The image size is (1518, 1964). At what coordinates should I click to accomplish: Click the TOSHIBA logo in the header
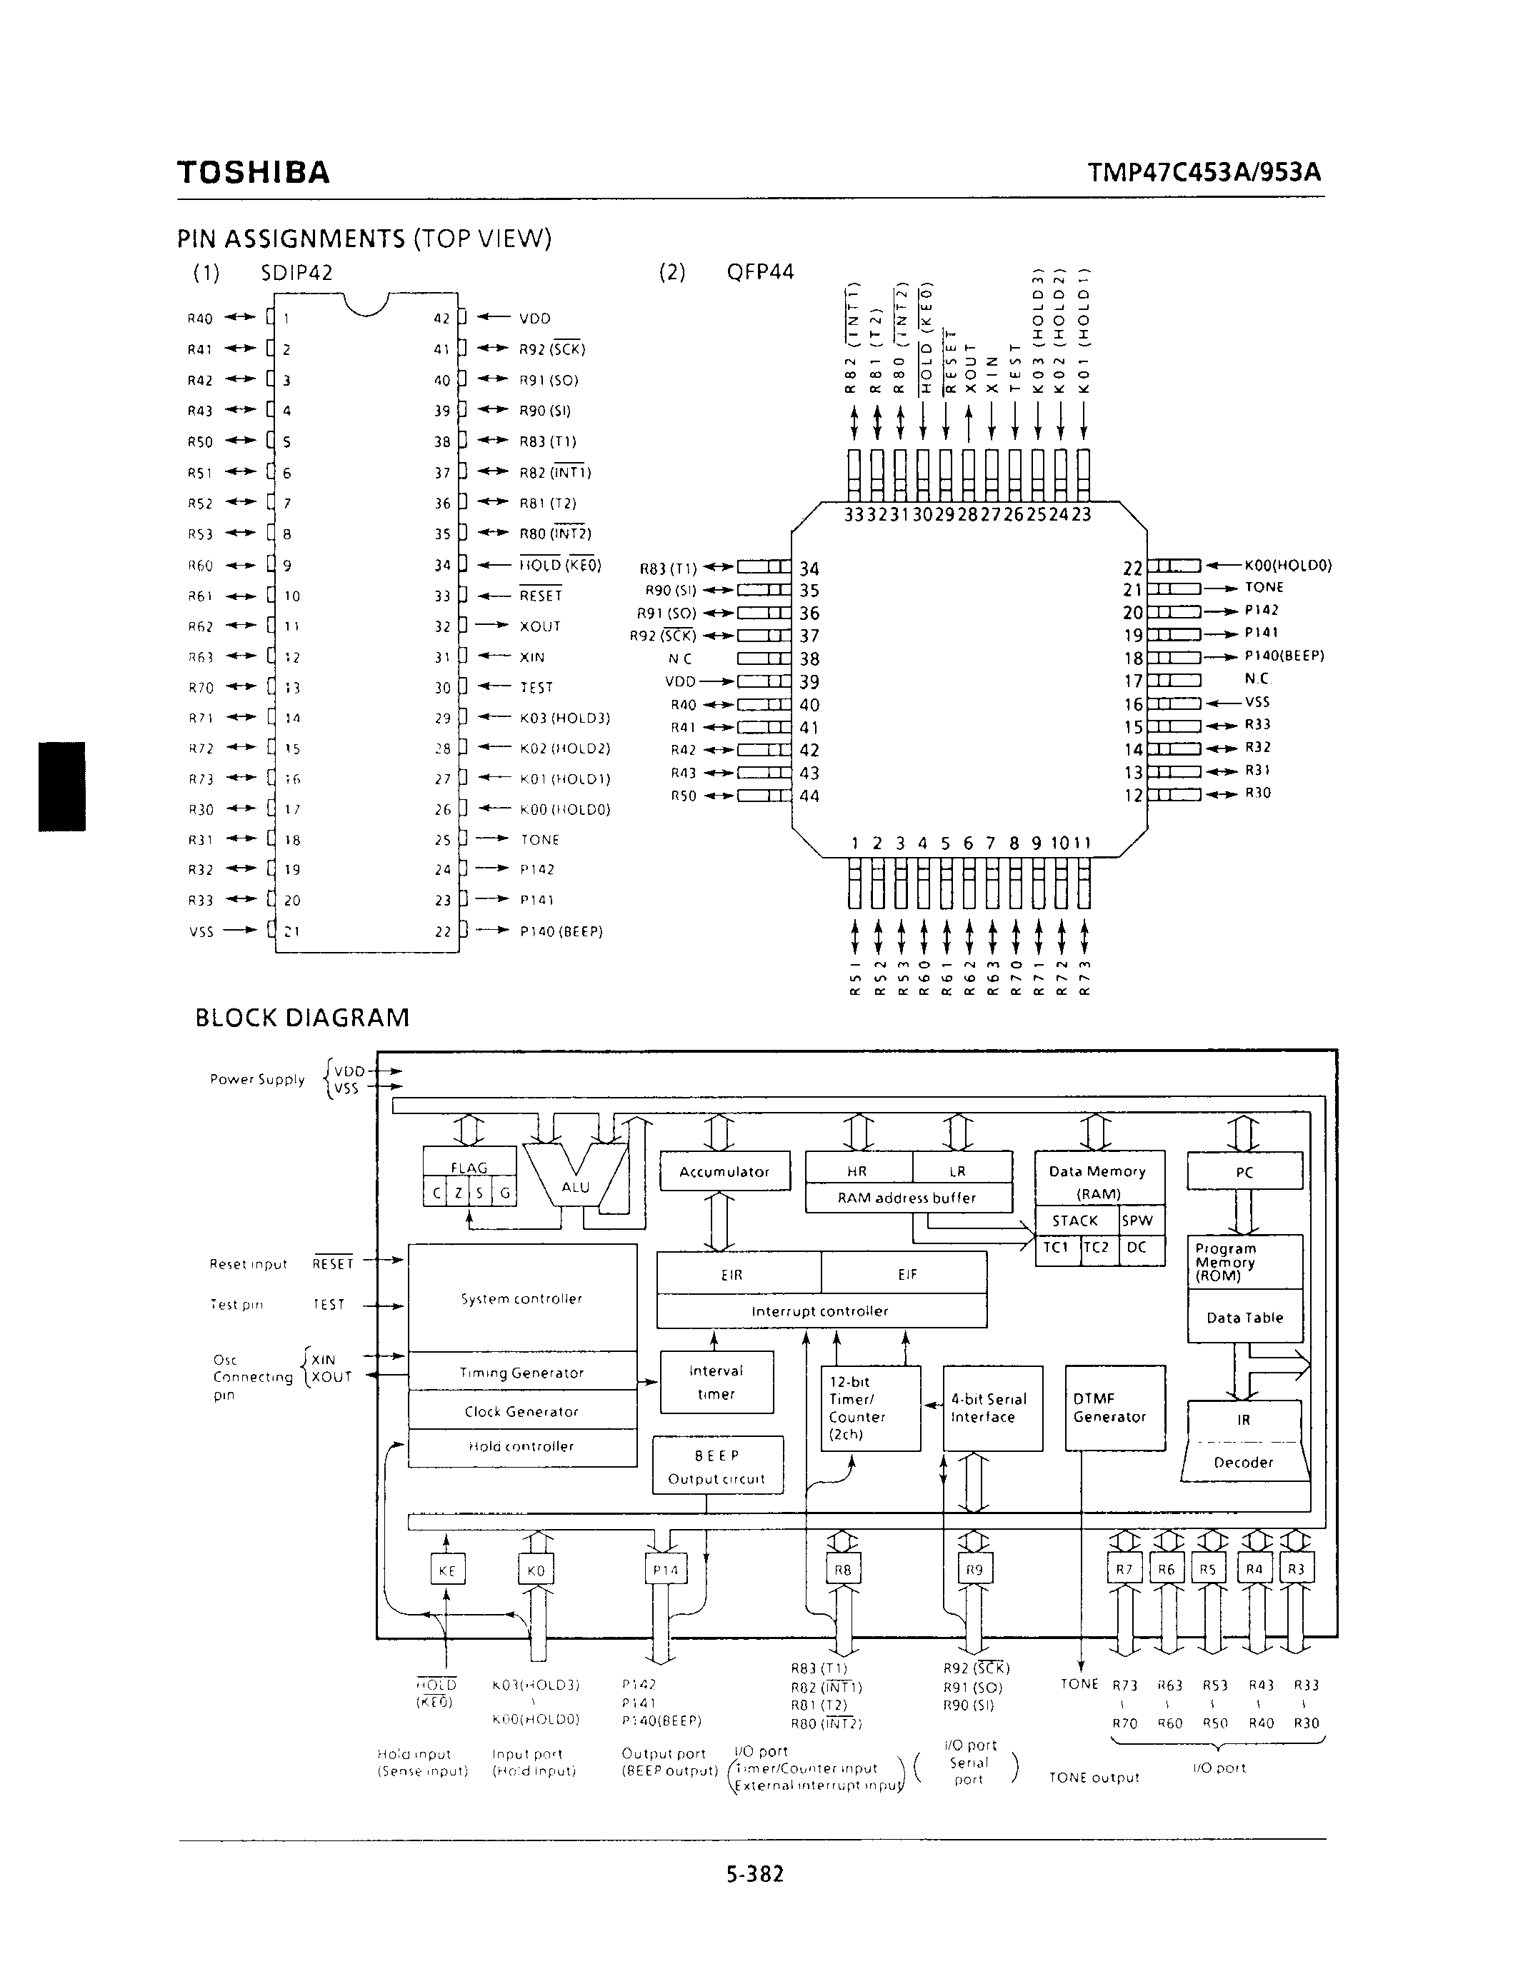pyautogui.click(x=254, y=171)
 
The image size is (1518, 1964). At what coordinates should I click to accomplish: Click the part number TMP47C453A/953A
pyautogui.click(x=1204, y=171)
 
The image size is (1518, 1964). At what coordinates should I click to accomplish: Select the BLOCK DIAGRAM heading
pyautogui.click(x=302, y=1017)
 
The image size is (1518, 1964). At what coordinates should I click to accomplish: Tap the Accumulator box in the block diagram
pyautogui.click(x=725, y=1172)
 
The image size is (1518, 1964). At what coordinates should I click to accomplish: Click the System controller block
pyautogui.click(x=521, y=1298)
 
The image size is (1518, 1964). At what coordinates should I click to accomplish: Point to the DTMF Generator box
pyautogui.click(x=1114, y=1408)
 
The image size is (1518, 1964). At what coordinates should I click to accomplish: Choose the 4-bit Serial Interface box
pyautogui.click(x=992, y=1408)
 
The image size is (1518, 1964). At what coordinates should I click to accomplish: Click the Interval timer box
pyautogui.click(x=716, y=1382)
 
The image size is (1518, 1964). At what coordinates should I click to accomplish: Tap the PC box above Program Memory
pyautogui.click(x=1244, y=1172)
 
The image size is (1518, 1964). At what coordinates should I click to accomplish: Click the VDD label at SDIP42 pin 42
pyautogui.click(x=535, y=319)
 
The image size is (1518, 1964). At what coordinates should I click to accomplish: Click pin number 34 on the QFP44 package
pyautogui.click(x=809, y=568)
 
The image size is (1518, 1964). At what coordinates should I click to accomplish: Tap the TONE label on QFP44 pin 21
pyautogui.click(x=1264, y=587)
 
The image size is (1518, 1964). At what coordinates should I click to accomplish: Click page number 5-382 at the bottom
pyautogui.click(x=755, y=1873)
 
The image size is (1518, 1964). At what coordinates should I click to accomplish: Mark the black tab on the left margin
pyautogui.click(x=62, y=785)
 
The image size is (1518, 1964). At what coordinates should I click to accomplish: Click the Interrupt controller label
pyautogui.click(x=820, y=1311)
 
